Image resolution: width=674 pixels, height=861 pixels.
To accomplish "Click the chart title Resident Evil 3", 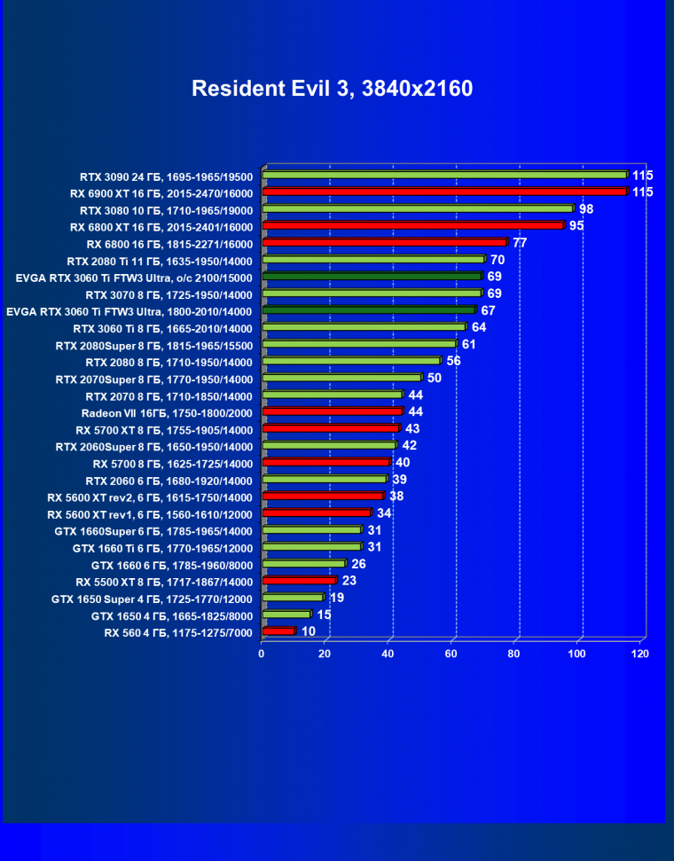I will click(x=332, y=89).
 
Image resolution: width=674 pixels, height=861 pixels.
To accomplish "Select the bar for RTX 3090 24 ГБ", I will click(x=444, y=175).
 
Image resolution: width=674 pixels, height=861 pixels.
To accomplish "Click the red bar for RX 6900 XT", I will click(x=444, y=192).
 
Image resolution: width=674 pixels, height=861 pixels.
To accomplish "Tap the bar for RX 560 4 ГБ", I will click(x=278, y=631).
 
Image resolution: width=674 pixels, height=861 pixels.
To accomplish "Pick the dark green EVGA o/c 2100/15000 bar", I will click(x=372, y=277).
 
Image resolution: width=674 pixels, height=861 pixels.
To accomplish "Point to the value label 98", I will click(x=586, y=209).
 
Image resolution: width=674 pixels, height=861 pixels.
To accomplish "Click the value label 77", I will click(x=520, y=242).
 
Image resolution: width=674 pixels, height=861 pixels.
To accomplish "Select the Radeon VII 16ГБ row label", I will click(x=167, y=413).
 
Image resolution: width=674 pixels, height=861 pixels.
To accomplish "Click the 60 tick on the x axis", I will click(x=451, y=654).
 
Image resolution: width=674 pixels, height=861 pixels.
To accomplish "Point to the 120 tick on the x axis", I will click(x=639, y=654).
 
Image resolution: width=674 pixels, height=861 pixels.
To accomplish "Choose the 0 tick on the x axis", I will click(x=262, y=654).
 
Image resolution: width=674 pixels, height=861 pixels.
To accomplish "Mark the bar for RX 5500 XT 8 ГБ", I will click(x=299, y=581).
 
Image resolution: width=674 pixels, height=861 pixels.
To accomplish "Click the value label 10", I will click(x=309, y=631).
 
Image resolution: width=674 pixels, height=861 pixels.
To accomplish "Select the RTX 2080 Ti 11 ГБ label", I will click(x=160, y=261).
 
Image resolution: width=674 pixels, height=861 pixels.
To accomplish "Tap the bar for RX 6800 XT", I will click(x=412, y=225).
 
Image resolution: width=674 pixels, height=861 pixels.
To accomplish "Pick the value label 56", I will click(x=454, y=361).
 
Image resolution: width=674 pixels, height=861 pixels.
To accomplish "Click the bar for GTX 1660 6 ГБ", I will click(x=303, y=564).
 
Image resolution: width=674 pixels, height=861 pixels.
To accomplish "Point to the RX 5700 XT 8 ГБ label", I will click(x=164, y=430).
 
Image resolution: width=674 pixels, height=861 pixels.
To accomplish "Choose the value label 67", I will click(x=488, y=310).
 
